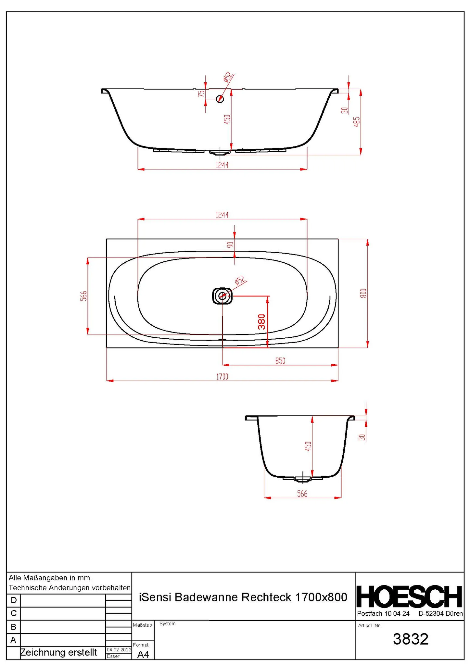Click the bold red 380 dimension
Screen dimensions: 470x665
click(x=262, y=322)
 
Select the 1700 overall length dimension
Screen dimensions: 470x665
click(x=222, y=377)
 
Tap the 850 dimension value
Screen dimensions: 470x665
click(x=280, y=361)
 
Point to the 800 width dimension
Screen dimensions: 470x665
click(x=363, y=293)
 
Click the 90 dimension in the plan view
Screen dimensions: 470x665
click(x=230, y=245)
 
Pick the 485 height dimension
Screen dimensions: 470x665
click(x=357, y=122)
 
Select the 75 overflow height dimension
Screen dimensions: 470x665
click(x=201, y=94)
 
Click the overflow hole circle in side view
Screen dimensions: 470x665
click(x=220, y=99)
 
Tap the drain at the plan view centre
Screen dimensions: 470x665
click(x=222, y=296)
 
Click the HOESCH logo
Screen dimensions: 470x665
click(x=409, y=597)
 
